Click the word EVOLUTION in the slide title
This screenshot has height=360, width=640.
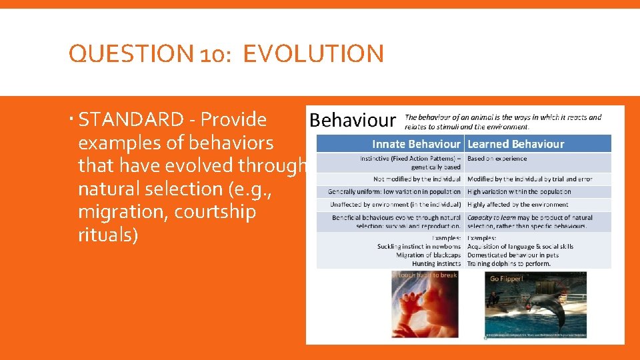point(313,54)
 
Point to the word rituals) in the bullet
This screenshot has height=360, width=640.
point(108,235)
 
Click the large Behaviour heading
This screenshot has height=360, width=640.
point(353,120)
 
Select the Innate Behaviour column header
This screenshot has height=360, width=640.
point(416,144)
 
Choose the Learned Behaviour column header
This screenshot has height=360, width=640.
point(515,144)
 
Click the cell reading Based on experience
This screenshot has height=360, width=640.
point(497,159)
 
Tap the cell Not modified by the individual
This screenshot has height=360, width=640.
point(417,179)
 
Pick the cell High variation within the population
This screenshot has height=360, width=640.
point(519,192)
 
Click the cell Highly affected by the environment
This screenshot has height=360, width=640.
point(517,205)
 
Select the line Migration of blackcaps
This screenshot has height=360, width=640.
point(428,255)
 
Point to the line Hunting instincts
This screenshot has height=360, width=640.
point(437,264)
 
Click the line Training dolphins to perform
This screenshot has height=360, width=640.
point(509,264)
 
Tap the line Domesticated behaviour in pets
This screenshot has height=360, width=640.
point(513,255)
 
